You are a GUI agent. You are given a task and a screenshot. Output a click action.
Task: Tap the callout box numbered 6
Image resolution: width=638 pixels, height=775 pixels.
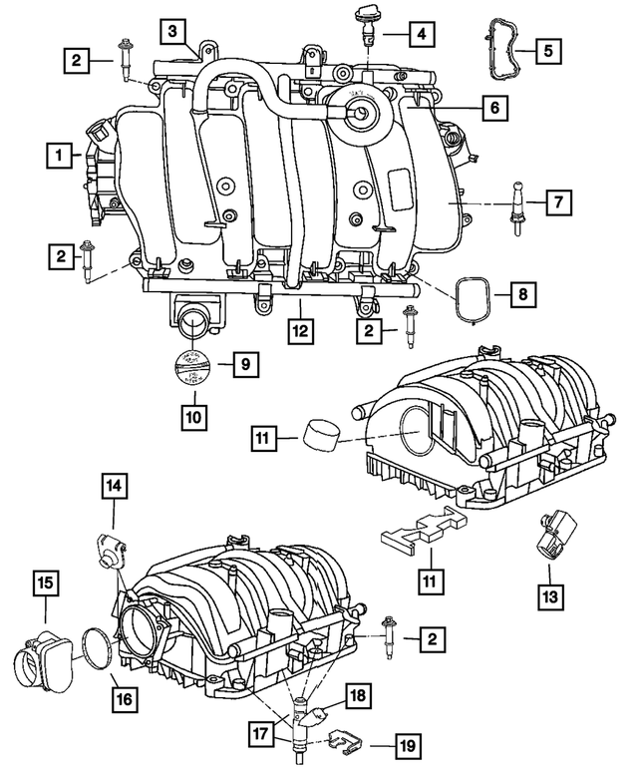(x=492, y=107)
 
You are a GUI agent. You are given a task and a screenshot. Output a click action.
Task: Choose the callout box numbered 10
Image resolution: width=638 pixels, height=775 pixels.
(x=195, y=412)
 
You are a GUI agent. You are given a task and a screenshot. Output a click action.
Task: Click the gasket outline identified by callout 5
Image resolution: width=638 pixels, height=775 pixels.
(x=495, y=47)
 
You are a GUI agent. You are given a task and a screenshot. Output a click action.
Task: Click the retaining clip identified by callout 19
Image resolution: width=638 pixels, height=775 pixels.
(x=340, y=741)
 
